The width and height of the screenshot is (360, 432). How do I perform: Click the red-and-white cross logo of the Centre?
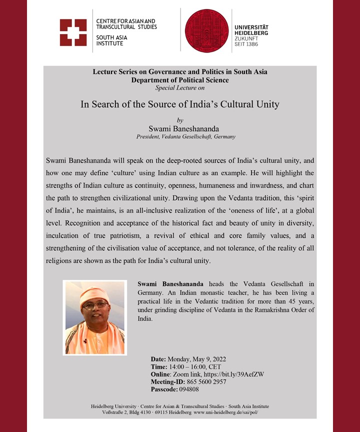73,32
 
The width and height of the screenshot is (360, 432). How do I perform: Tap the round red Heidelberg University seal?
207,30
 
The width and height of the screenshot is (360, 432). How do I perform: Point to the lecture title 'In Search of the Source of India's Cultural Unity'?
179,105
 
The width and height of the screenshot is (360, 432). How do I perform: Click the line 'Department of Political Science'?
179,80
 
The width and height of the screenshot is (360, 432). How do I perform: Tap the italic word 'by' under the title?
180,120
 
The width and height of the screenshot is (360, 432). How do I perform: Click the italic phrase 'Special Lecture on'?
179,87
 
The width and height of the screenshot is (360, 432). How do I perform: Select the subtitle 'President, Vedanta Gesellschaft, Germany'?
185,136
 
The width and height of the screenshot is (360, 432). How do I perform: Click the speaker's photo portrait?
94,317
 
